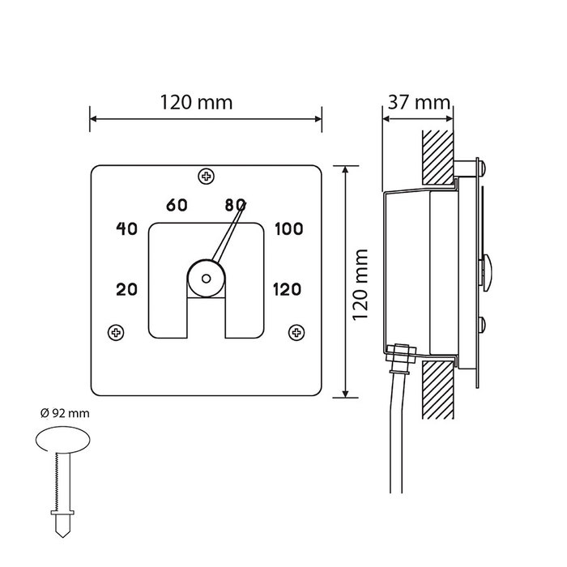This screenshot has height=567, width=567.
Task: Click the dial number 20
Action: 126,289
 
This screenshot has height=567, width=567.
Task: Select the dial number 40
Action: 126,228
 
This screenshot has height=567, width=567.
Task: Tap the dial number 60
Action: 177,205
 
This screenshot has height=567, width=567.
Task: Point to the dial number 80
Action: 235,205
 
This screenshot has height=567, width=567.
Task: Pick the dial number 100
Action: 288,228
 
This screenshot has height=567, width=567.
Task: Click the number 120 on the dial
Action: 287,289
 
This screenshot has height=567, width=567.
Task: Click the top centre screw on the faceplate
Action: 206,177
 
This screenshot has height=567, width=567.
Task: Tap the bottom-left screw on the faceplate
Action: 116,332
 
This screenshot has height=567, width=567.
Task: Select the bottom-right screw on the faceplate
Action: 296,332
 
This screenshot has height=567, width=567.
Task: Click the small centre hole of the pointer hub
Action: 206,279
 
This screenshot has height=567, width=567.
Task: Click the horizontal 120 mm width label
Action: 196,102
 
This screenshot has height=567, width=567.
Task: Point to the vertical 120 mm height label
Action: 360,284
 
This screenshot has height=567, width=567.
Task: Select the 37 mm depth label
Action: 419,102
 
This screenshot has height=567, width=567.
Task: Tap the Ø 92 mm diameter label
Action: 65,413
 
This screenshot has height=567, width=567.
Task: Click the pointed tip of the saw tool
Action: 62,537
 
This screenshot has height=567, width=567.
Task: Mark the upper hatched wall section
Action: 438,157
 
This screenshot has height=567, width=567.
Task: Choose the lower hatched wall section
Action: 438,390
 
